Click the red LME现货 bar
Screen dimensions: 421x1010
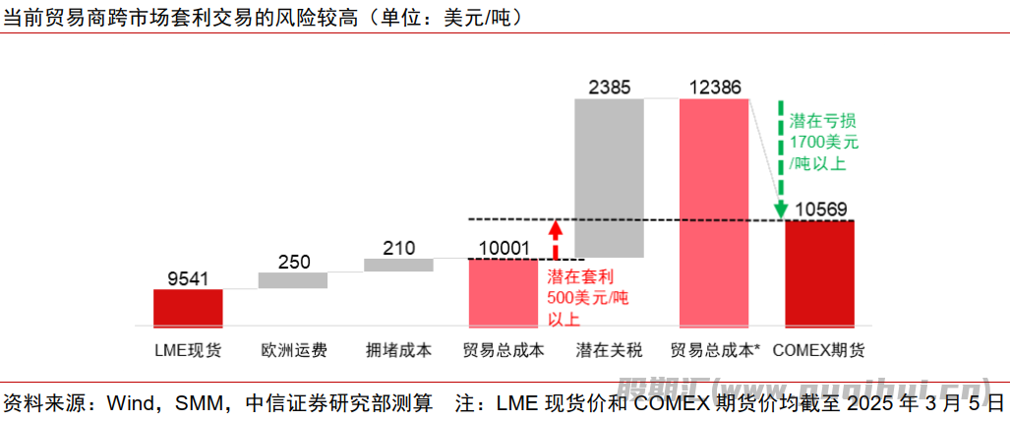[188, 308]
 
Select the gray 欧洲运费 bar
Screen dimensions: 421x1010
[293, 280]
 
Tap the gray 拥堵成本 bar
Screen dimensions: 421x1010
[398, 265]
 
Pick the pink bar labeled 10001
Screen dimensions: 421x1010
[504, 292]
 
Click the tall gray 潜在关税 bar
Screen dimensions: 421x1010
[609, 177]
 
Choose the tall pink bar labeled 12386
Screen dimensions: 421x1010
[714, 212]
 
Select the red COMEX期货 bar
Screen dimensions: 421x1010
[819, 273]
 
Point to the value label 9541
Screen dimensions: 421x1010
[188, 277]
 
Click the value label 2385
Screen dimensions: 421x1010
[609, 87]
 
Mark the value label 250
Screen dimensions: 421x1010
[293, 262]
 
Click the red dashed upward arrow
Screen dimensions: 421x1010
[555, 238]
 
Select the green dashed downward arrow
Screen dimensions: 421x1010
[780, 157]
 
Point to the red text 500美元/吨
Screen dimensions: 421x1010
[587, 297]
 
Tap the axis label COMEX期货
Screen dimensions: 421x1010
[819, 349]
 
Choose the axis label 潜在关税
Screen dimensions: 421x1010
[609, 349]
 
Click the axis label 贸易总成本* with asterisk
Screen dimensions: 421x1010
[715, 349]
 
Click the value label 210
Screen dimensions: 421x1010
[398, 247]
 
